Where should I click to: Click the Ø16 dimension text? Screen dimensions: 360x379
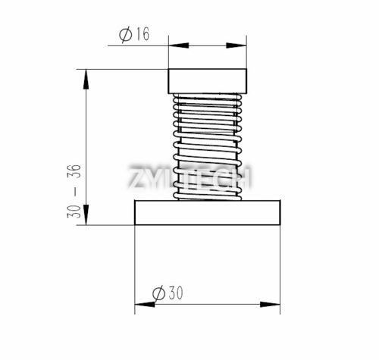pos(134,34)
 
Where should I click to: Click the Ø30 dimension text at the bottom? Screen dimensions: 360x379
pos(168,293)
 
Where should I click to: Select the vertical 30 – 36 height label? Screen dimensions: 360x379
pos(74,192)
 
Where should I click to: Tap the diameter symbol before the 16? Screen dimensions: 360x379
pos(125,34)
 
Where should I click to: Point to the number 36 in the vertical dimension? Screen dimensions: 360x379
pos(74,174)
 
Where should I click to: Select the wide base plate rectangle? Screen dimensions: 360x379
pos(207,212)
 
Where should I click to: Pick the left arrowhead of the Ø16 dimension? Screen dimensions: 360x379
pos(172,44)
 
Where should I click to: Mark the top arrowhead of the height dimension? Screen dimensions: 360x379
pos(89,74)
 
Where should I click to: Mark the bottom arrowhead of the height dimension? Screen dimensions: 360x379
pos(89,220)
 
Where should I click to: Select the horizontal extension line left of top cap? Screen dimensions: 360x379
pos(125,70)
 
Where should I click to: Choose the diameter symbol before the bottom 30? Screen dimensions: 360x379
pos(158,293)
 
